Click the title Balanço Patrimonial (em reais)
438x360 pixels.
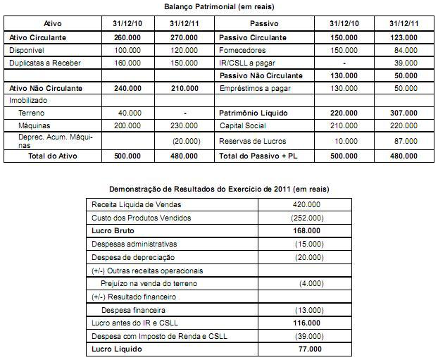[219, 6]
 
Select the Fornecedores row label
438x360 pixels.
[243, 50]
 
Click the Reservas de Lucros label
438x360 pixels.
[251, 141]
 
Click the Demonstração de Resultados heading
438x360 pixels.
[219, 190]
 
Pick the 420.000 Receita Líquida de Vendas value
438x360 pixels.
[306, 204]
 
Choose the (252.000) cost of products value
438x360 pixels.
[307, 218]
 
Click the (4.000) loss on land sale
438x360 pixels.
[309, 283]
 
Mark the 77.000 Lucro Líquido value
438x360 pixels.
[309, 349]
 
